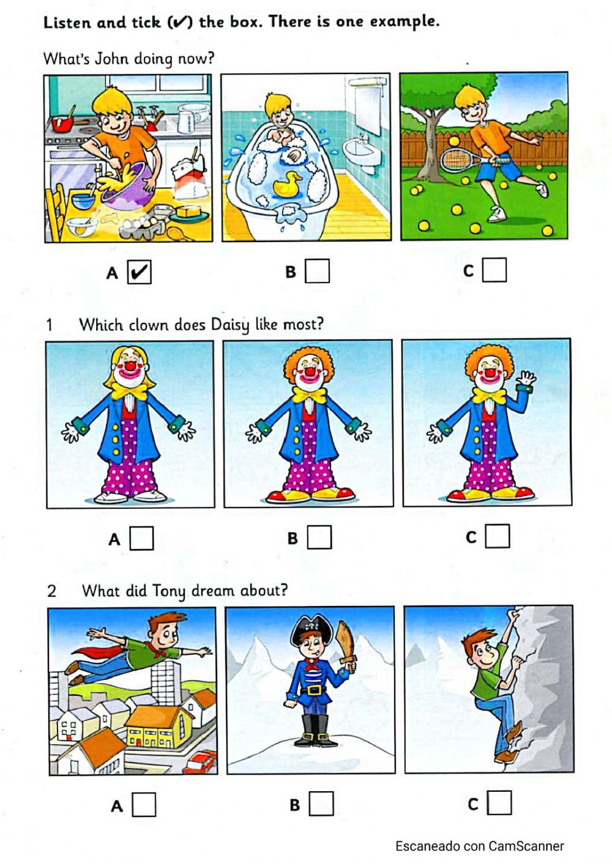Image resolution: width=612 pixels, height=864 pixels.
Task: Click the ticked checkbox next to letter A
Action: point(140,272)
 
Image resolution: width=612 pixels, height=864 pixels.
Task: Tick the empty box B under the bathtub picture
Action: point(318,271)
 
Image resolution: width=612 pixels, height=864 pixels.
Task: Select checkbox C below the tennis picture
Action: point(494,270)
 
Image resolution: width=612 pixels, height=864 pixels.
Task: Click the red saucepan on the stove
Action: point(63,124)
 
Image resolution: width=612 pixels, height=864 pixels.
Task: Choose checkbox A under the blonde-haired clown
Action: point(141,538)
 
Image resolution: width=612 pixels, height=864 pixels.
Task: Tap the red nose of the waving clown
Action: point(490,373)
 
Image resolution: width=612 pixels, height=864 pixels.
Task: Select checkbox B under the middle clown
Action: point(319,537)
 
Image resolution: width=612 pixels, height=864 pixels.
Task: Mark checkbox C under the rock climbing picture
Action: point(499,803)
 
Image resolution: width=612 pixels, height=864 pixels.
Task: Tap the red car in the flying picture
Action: point(201,762)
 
